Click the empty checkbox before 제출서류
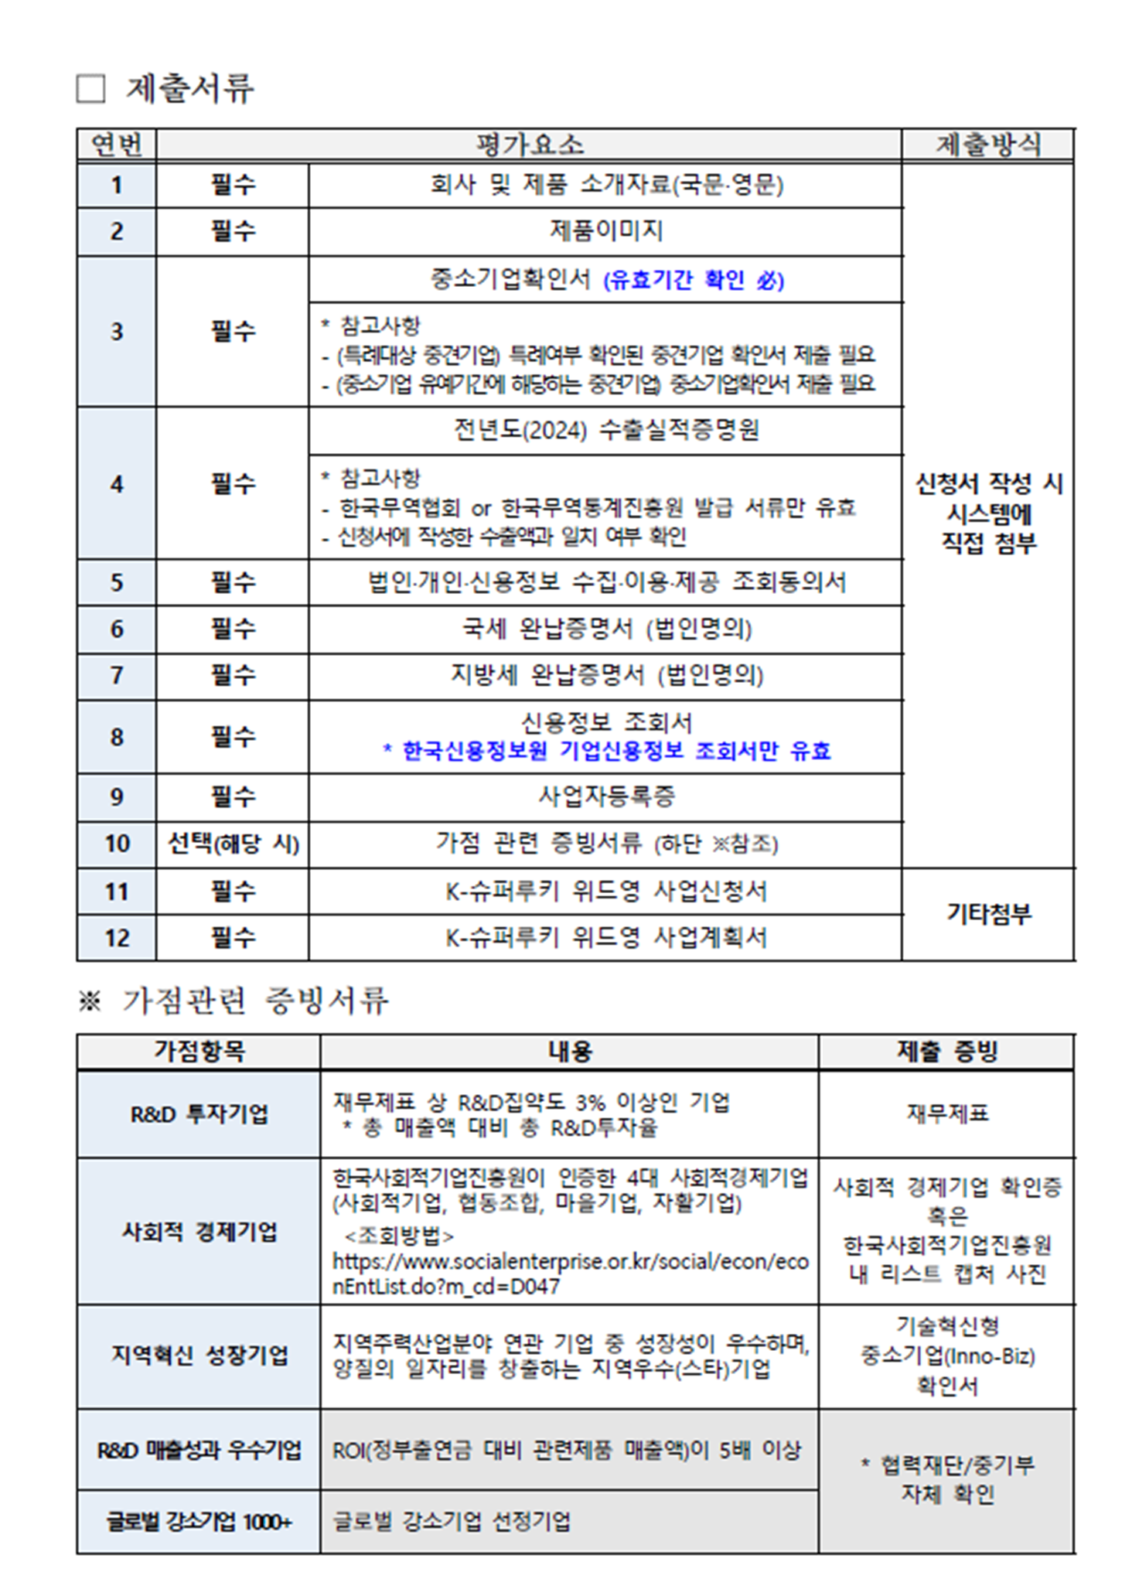90,89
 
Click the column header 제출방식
987,145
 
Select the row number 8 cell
117,737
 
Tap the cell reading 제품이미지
605,230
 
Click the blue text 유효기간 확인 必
693,280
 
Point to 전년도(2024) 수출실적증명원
605,430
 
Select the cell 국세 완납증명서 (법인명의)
605,629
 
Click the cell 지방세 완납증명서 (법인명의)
605,676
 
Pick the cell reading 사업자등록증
605,796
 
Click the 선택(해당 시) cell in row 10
233,844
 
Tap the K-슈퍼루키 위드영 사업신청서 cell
605,892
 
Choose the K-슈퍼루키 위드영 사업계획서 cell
605,938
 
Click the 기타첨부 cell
987,914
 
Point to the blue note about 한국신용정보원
606,751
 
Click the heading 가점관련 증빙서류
254,1001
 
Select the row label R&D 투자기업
199,1114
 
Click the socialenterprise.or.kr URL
570,1274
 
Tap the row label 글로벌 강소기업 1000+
199,1522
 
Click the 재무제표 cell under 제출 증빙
947,1113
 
